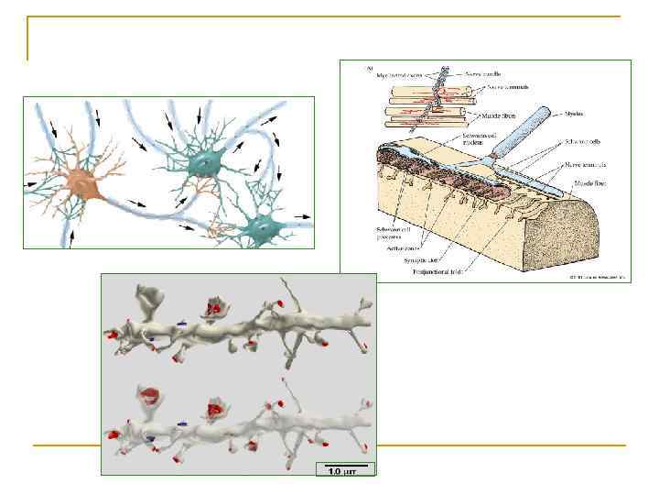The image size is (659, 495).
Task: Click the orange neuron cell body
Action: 86,185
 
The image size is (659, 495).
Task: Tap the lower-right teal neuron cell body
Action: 265,224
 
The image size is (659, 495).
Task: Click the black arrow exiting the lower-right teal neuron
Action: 303,217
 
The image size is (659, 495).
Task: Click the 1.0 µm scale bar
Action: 346,468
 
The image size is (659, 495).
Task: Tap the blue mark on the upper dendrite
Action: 182,323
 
